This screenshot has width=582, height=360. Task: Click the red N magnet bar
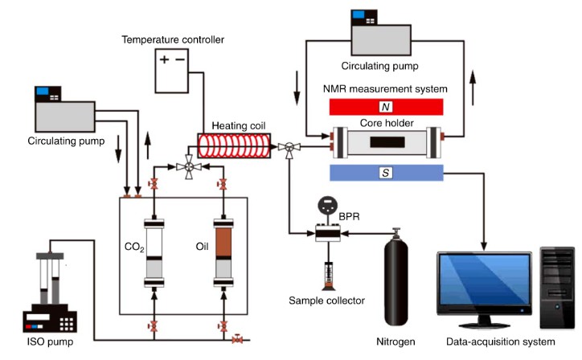click(387, 107)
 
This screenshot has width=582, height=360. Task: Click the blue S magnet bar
click(387, 173)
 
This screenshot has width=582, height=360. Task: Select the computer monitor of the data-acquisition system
click(482, 285)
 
